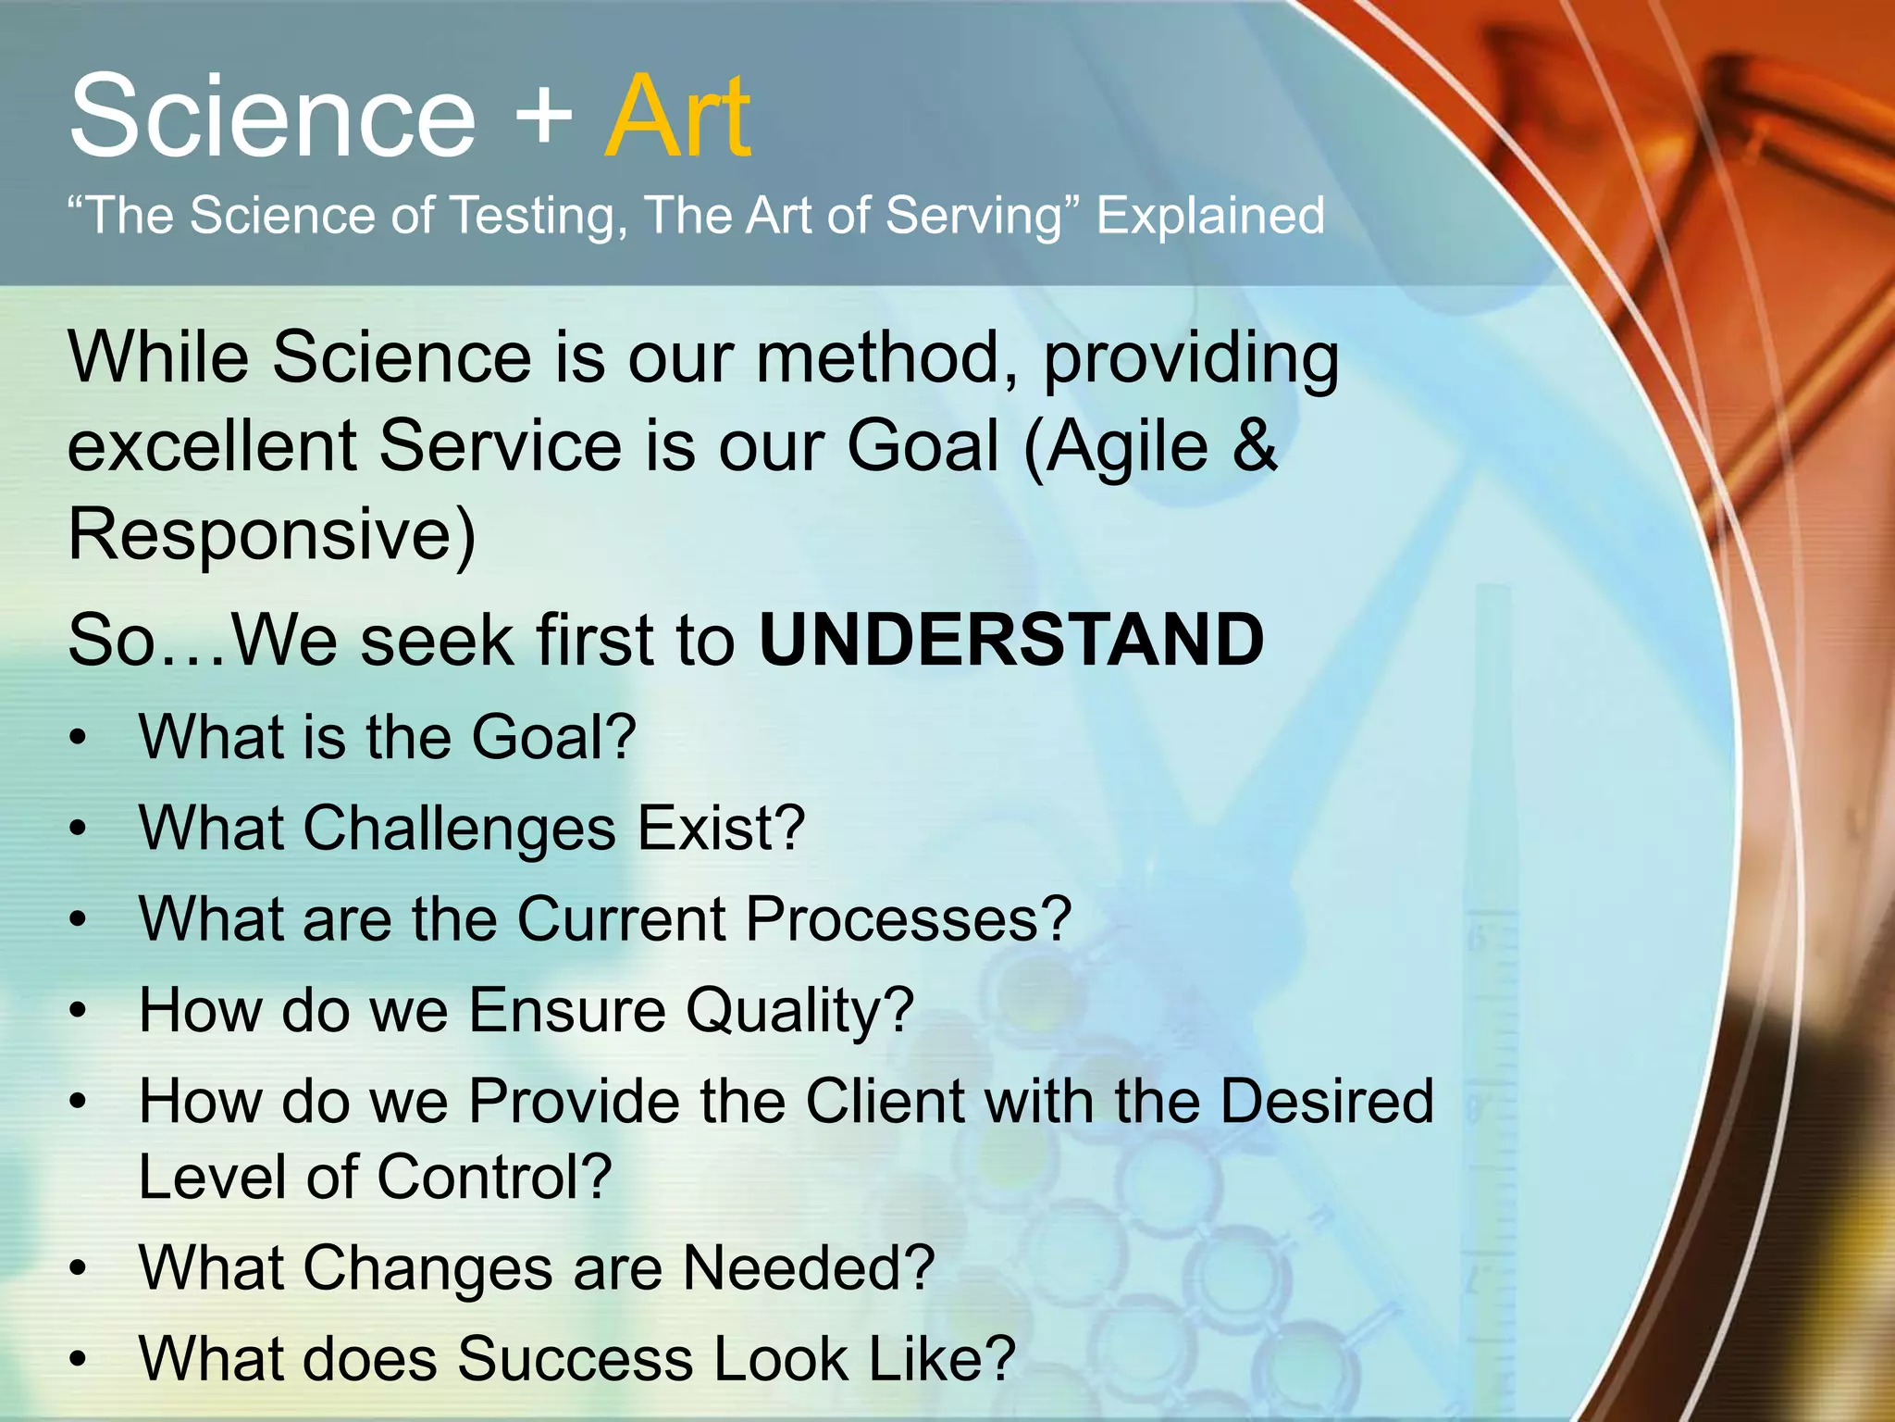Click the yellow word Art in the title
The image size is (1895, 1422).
(677, 118)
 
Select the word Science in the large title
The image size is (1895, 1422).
(272, 118)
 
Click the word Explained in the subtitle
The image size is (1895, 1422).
(1210, 217)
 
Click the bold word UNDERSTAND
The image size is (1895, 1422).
(1011, 640)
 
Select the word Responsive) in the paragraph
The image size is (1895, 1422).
(272, 535)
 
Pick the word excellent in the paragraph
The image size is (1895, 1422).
(213, 446)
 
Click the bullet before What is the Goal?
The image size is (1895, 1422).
(80, 739)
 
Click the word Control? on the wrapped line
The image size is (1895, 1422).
(494, 1178)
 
